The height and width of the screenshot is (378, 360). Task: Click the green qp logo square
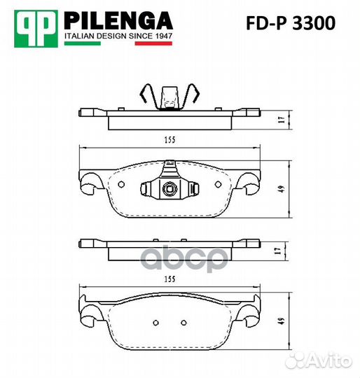(x=36, y=29)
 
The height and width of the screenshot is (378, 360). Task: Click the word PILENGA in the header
(x=118, y=21)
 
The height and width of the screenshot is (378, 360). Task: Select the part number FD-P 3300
(x=291, y=23)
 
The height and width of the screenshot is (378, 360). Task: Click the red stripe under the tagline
(x=153, y=43)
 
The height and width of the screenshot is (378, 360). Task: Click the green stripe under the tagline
(x=83, y=43)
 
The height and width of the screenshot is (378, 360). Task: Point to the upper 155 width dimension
(x=170, y=140)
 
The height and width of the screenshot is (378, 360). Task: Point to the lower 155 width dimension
(x=169, y=279)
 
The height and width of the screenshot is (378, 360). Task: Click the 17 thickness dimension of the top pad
(x=282, y=120)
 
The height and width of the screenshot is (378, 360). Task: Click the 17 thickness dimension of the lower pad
(x=278, y=251)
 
